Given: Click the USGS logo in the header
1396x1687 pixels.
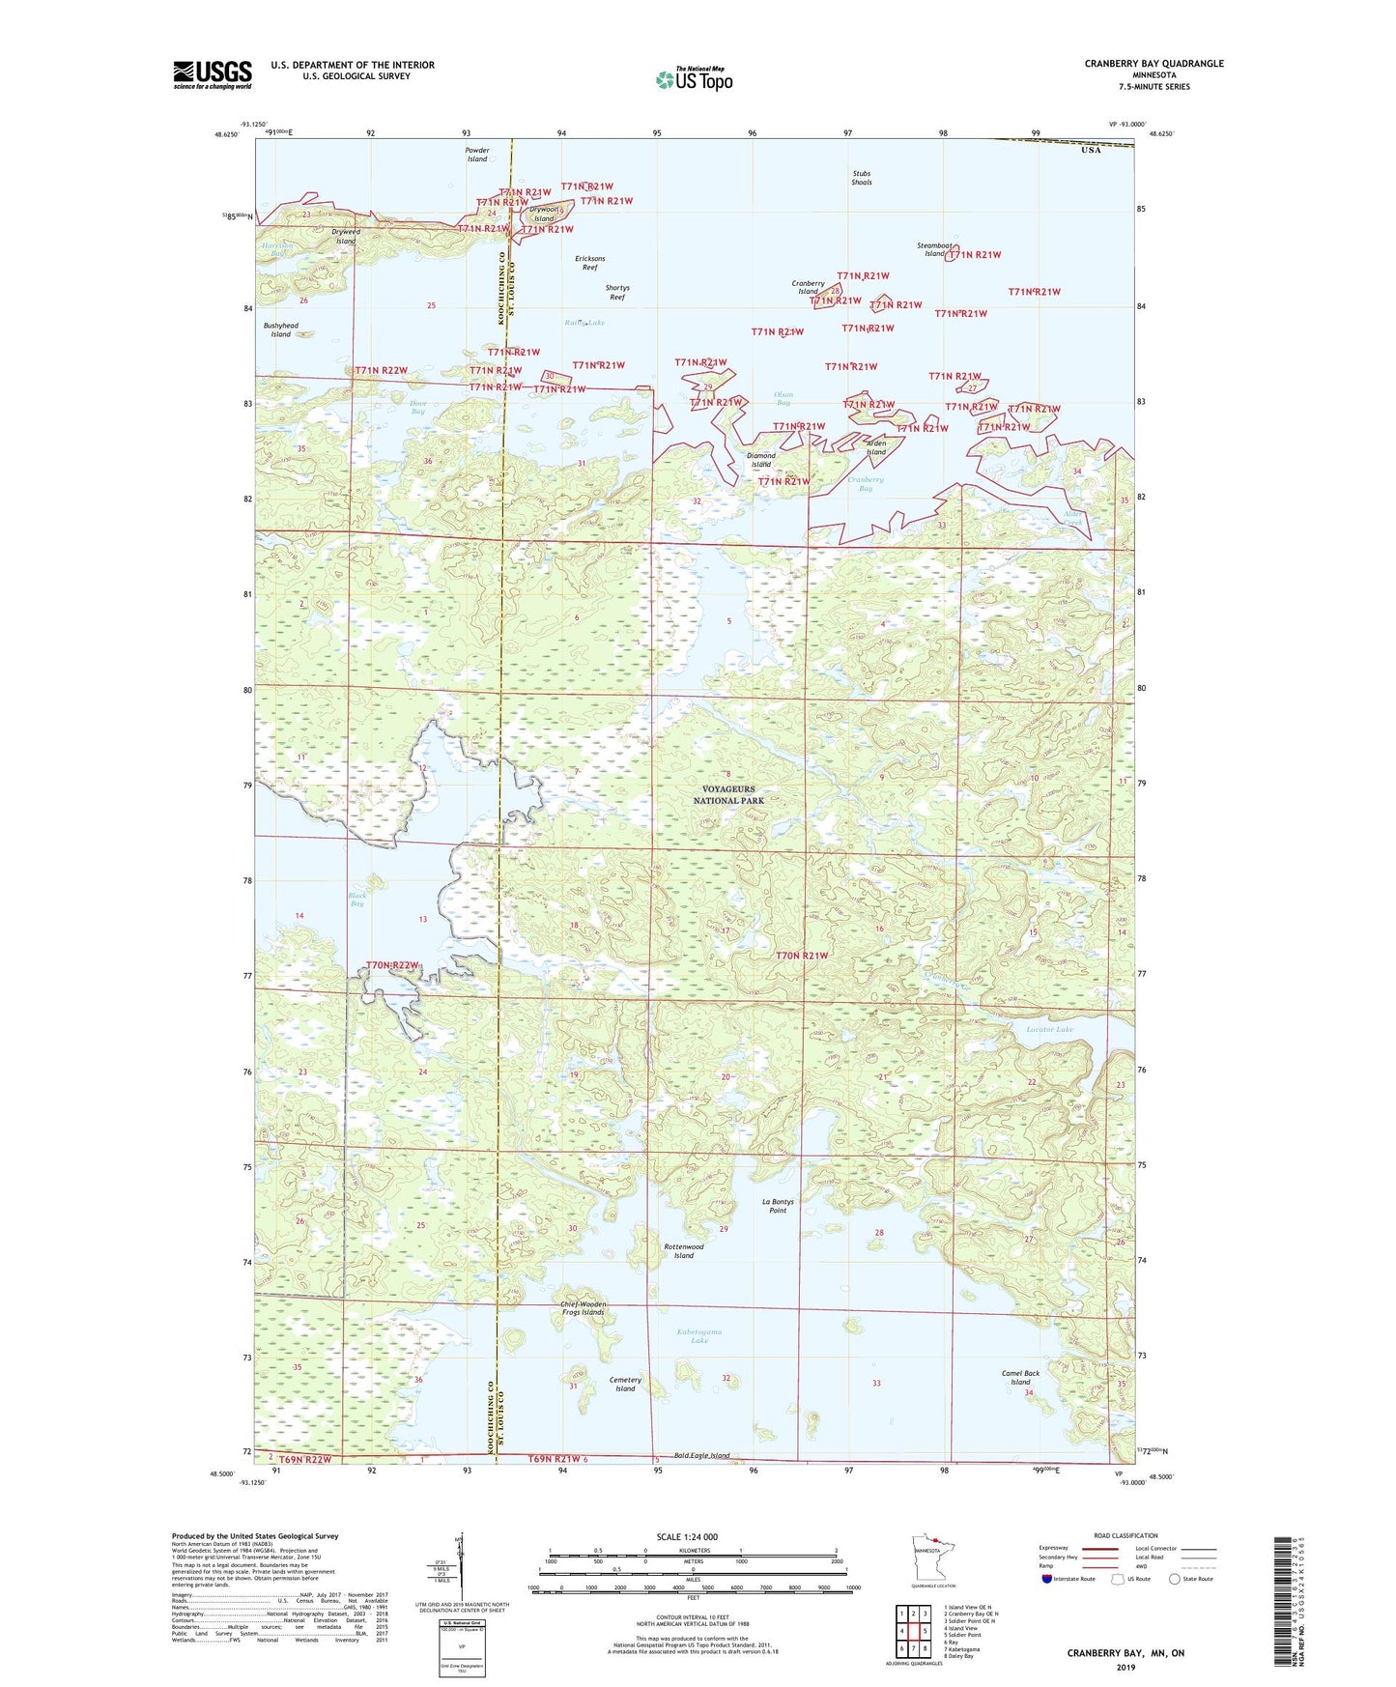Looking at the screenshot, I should tap(213, 73).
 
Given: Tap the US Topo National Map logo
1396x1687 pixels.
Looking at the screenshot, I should tap(694, 78).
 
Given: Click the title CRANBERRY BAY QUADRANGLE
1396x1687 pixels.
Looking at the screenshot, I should tap(1154, 64).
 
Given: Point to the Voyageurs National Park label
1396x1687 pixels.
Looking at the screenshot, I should tap(728, 795).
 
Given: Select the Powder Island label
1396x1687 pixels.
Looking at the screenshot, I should tap(477, 155).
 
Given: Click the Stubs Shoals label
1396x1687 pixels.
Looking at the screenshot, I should tap(861, 178).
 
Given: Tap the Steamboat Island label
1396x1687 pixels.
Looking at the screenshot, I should tap(934, 249).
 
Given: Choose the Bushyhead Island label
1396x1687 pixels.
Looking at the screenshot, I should tap(280, 330).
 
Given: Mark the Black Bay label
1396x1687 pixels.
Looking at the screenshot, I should tap(357, 900).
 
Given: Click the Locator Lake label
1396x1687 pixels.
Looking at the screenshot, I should tap(1049, 1030).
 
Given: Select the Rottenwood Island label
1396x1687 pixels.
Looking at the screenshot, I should tap(684, 1251).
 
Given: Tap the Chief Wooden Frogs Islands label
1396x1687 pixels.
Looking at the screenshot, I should tap(583, 1308).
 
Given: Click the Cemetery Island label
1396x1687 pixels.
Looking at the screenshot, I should tap(625, 1385).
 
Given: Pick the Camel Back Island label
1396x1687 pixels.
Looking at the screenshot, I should tap(1020, 1377).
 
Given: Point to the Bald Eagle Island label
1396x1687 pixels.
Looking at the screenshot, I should tap(702, 1455).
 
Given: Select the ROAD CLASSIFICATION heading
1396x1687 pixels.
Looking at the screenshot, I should tap(1125, 1535).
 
